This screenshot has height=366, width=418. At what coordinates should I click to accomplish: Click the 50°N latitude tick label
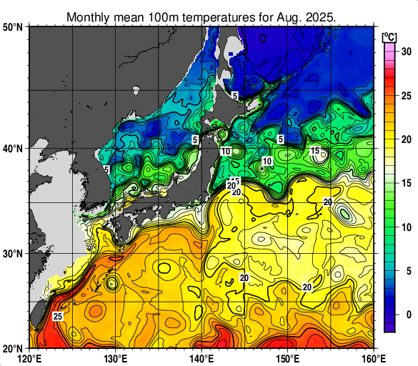click(13, 27)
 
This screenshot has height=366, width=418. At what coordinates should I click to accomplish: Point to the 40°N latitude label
click(13, 149)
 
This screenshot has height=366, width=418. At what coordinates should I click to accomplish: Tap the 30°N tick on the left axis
click(13, 254)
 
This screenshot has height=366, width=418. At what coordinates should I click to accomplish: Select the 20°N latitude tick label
click(13, 348)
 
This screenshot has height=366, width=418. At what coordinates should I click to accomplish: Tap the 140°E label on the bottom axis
click(202, 359)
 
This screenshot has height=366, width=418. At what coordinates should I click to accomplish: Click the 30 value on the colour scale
click(405, 51)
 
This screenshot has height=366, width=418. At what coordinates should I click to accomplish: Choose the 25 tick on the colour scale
click(405, 95)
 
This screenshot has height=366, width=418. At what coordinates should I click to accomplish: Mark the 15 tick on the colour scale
click(405, 183)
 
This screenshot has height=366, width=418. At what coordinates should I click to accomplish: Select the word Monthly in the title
click(88, 16)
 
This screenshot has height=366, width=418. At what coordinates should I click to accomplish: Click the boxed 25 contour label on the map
click(58, 316)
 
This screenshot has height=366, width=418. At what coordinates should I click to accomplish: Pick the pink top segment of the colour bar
click(389, 51)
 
